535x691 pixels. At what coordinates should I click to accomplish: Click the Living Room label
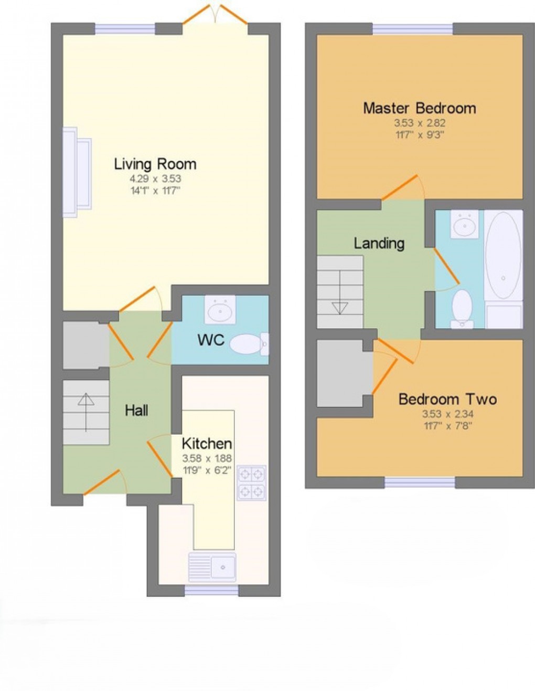155,164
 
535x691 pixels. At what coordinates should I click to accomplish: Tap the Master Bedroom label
420,109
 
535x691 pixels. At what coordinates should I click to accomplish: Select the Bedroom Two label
447,399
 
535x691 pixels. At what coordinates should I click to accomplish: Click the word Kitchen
207,443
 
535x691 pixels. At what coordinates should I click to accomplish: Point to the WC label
211,340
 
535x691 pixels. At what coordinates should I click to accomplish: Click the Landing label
379,243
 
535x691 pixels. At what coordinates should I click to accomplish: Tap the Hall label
136,410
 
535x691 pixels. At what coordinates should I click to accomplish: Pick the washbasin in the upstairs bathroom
464,224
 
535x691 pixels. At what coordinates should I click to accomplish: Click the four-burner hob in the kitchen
251,483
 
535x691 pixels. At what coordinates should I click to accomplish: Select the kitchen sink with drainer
212,566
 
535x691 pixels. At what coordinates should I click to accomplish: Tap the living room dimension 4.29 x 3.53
155,179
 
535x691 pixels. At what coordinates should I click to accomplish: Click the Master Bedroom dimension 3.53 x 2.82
420,123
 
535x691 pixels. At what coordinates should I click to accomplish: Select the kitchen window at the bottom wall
211,591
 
